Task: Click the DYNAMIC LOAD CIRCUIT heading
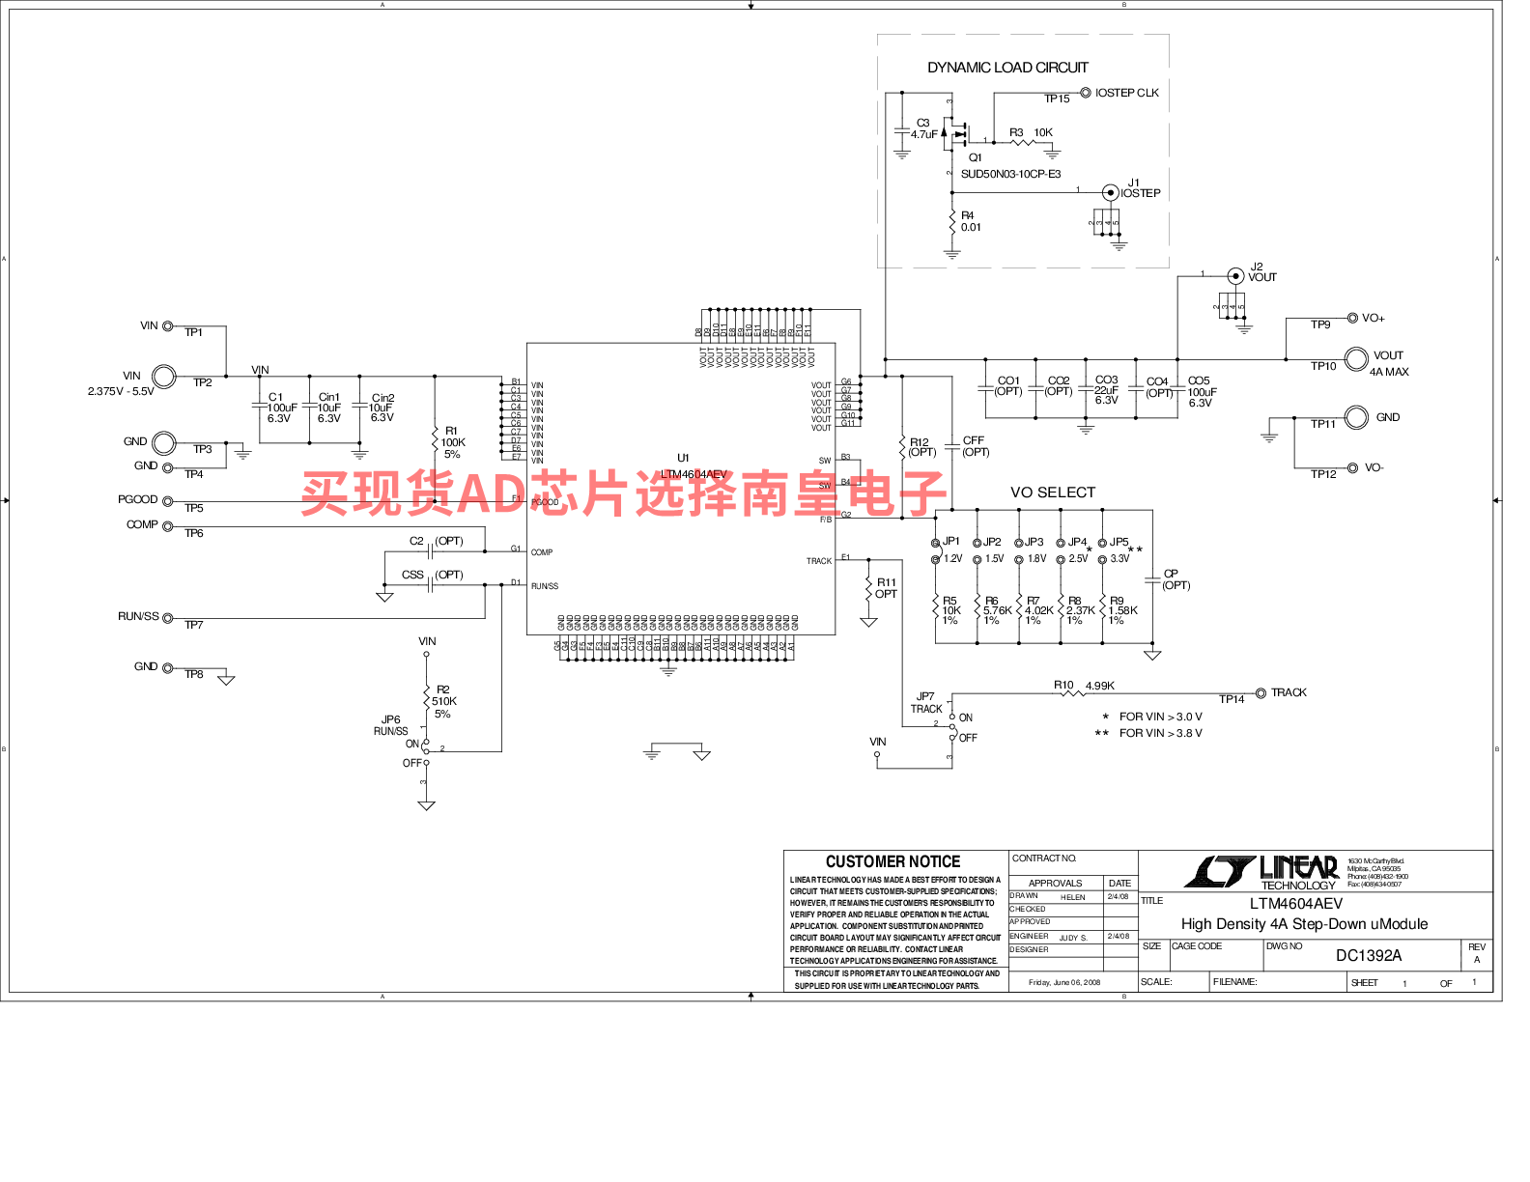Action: coord(1007,68)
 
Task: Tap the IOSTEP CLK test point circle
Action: coord(1086,93)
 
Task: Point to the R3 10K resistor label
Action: coord(1031,132)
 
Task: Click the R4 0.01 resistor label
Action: coord(970,222)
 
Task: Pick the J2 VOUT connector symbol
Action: coord(1235,276)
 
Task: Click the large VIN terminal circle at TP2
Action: coord(165,376)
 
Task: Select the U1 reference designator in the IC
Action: coord(683,458)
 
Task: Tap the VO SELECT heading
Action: coord(1052,492)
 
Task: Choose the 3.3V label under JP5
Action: coord(1119,559)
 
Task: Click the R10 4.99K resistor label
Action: coord(1084,686)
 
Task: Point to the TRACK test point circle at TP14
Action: coord(1261,692)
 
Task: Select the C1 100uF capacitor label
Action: coord(281,408)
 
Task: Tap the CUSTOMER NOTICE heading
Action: coord(892,861)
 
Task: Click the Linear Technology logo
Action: coord(1261,872)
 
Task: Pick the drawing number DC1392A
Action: coord(1368,955)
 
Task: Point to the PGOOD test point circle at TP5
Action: coord(167,500)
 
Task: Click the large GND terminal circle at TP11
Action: coord(1356,417)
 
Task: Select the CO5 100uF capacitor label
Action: coord(1202,392)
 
